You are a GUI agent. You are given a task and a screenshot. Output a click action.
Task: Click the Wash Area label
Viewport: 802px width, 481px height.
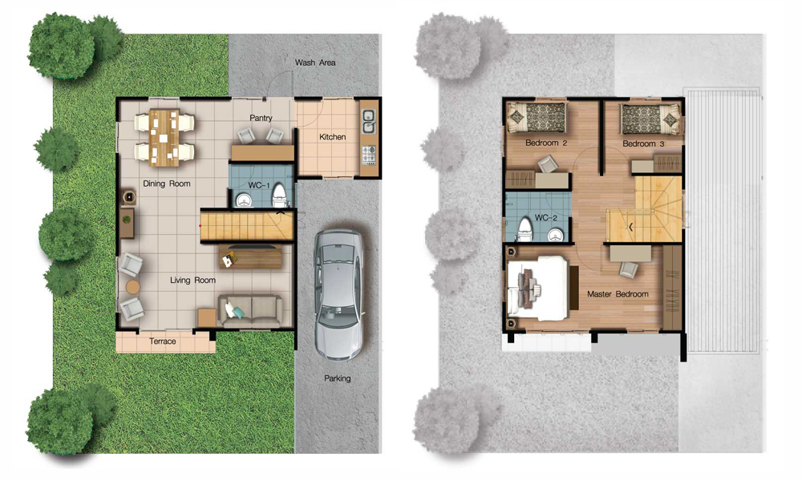[315, 63]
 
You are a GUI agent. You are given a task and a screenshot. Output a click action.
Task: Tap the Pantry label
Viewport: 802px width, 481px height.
[261, 118]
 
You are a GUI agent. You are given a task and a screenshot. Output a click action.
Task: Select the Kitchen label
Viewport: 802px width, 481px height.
[333, 137]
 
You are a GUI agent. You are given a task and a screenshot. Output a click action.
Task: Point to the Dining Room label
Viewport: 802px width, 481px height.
[167, 184]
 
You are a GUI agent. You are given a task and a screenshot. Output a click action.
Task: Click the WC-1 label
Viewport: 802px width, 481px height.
[259, 185]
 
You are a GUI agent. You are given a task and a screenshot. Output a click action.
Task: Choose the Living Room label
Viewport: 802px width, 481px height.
[192, 280]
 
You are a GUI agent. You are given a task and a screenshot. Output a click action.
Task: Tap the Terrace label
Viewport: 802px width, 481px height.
[163, 342]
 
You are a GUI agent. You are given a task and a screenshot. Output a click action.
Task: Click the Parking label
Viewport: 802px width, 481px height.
[338, 378]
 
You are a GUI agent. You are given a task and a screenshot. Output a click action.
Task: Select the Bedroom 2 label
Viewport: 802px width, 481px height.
[546, 143]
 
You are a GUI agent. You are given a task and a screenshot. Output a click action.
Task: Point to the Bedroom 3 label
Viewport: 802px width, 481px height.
[643, 143]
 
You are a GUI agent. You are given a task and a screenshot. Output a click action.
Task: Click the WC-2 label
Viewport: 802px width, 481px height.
[545, 218]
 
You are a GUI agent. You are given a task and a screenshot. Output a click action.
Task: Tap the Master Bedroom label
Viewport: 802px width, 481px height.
[618, 294]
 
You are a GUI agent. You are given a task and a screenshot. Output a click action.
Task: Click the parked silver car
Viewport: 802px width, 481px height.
[338, 293]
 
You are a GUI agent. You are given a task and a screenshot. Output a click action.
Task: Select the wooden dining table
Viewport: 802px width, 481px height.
[164, 138]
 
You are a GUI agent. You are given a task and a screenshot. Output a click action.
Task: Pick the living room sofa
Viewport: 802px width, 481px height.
[250, 310]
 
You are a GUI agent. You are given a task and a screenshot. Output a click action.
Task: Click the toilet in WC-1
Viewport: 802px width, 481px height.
[279, 196]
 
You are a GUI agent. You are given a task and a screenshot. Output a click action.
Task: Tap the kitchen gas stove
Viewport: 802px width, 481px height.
[368, 156]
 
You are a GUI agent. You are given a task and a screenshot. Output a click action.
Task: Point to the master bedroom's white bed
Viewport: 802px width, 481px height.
[537, 288]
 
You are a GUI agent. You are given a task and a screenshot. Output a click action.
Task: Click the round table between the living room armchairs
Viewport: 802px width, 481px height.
[133, 287]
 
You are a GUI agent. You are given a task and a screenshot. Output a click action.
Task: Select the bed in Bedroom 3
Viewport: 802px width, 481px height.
[650, 119]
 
